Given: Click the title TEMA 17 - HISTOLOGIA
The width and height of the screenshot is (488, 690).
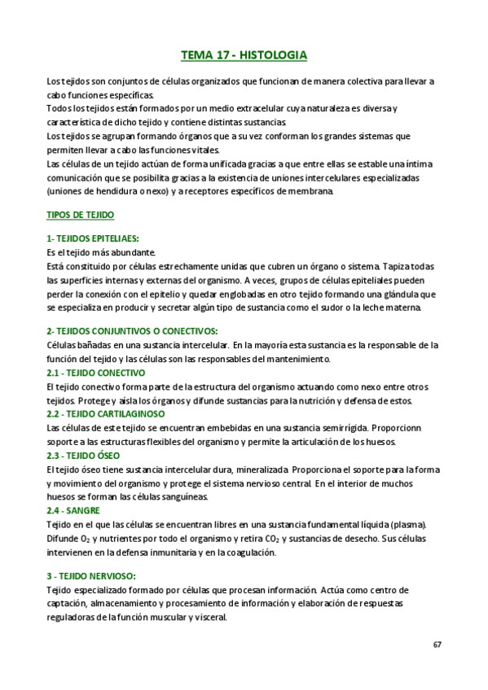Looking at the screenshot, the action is tap(244, 56).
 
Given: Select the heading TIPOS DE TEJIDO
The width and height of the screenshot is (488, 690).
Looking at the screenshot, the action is tap(81, 215).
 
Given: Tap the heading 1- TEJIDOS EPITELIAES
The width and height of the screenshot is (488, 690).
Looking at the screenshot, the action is tap(93, 238).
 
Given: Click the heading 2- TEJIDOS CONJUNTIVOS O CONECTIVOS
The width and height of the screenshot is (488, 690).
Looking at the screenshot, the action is tap(132, 331).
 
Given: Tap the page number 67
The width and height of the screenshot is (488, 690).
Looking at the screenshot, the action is tap(437, 644).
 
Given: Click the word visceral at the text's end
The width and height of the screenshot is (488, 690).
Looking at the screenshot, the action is tap(208, 617).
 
